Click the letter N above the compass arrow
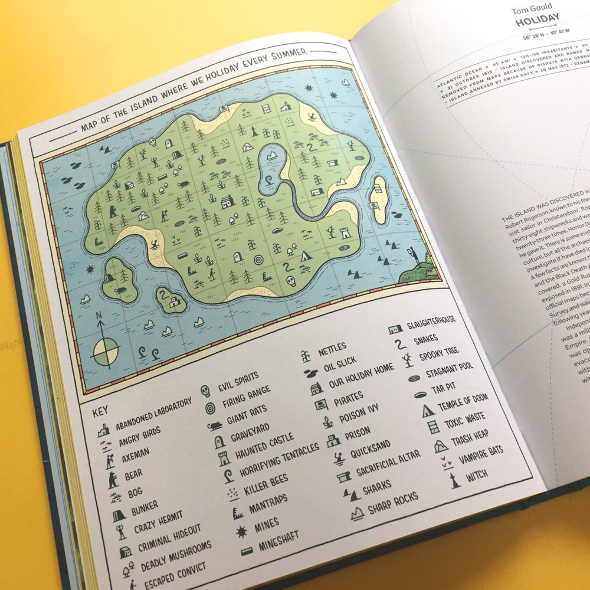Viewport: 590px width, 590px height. pos(99,317)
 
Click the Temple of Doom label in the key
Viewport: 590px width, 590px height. pos(463,404)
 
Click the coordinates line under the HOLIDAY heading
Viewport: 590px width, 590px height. pos(537,38)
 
